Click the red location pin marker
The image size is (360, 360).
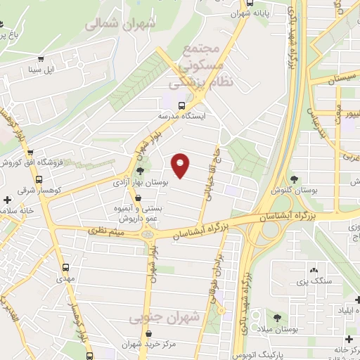point(181,165)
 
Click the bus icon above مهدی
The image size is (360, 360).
point(65,267)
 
